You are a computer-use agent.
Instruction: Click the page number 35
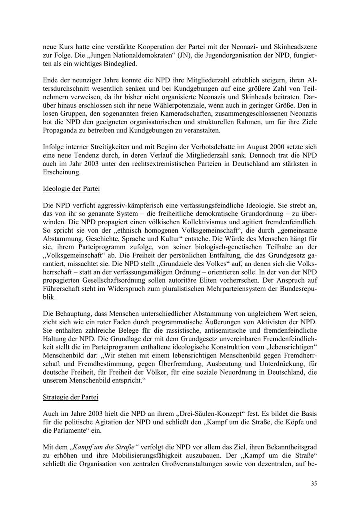(x=314, y=483)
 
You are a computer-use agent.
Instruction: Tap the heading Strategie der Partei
(x=70, y=397)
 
